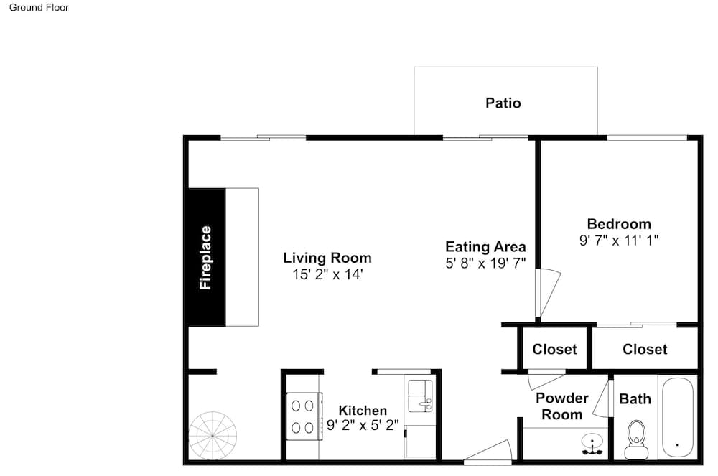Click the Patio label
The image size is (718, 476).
503,103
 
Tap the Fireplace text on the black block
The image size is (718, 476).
205,258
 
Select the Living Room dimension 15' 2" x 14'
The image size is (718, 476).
327,274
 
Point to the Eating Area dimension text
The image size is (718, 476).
485,263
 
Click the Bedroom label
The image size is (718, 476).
619,224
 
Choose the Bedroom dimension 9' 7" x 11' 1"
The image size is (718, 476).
619,241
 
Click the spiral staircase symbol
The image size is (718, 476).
213,436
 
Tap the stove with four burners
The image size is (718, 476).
304,416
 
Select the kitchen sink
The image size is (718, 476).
420,396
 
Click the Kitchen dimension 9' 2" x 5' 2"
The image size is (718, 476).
363,426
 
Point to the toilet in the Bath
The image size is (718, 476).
636,439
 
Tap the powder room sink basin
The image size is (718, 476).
592,444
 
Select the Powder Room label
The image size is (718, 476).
562,406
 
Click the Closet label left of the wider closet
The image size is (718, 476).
554,349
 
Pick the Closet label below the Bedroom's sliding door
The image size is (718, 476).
645,349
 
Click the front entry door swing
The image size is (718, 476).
488,452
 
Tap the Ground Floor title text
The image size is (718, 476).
39,7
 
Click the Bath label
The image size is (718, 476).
635,399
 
